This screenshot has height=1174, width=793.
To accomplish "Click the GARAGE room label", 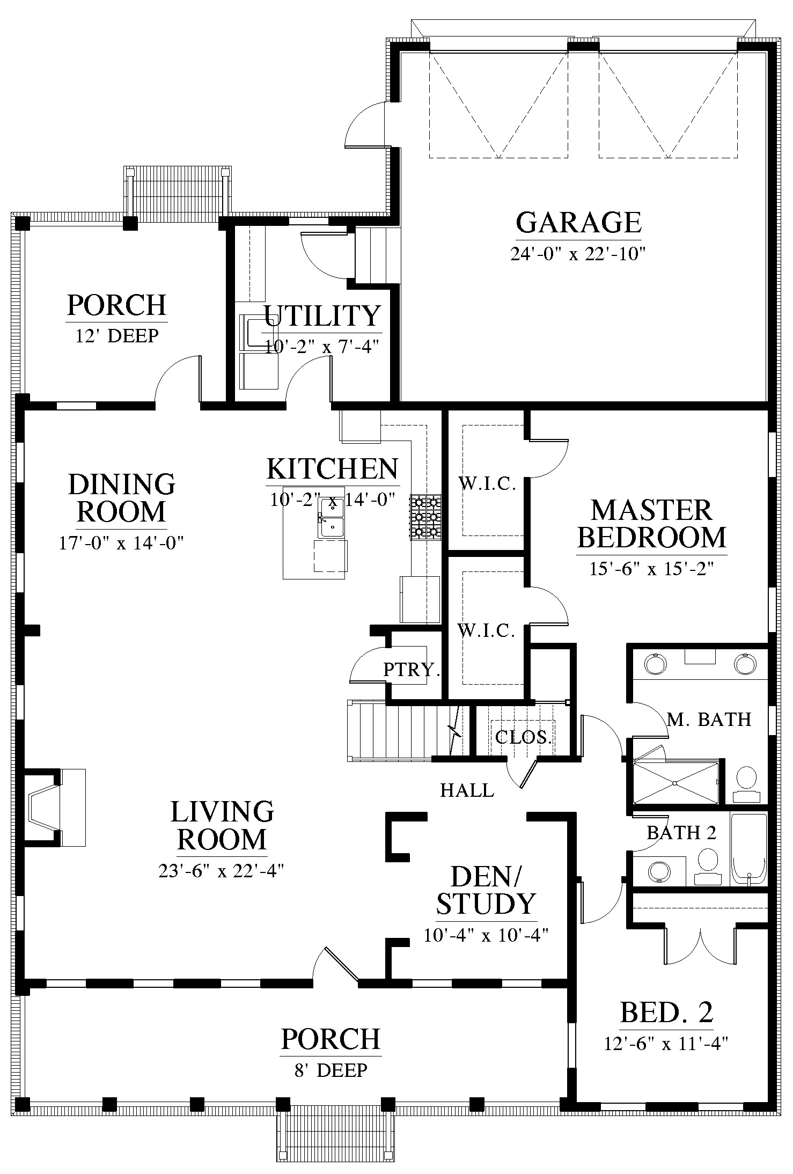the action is (x=578, y=222).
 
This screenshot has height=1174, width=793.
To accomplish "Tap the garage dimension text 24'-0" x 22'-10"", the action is (x=577, y=253).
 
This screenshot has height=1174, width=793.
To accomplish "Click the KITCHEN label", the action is (x=333, y=469).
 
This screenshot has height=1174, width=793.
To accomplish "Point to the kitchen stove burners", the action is (x=425, y=517).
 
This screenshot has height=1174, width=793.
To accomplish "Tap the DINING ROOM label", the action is (x=122, y=497).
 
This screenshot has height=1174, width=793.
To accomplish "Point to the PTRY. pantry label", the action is (x=412, y=669).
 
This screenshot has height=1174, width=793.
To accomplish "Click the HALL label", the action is (x=467, y=790).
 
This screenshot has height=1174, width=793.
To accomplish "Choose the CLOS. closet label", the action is (x=523, y=737).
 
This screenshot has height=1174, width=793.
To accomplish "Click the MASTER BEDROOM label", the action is (x=652, y=524).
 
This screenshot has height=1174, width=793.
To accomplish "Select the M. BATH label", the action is (x=709, y=719).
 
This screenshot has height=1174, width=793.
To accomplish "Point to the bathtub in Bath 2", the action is (x=749, y=849).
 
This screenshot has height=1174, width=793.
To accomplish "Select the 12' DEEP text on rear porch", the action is (x=117, y=336).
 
